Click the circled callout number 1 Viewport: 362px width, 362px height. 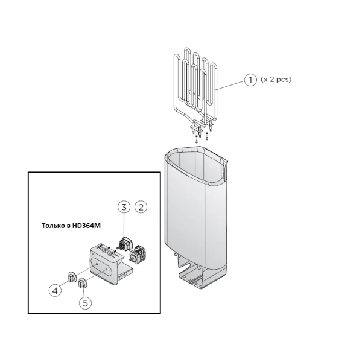tap(250, 80)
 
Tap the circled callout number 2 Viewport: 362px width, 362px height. tap(141, 207)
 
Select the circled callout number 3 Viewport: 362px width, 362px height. tap(124, 207)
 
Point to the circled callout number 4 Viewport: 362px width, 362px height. tap(55, 290)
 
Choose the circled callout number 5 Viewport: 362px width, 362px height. tap(86, 303)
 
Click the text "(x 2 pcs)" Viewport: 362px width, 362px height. tap(276, 80)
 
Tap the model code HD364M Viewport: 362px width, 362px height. tap(86, 226)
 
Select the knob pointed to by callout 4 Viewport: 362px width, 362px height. tap(72, 276)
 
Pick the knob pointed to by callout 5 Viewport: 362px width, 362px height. tap(83, 283)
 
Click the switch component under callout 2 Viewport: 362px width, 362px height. tap(138, 254)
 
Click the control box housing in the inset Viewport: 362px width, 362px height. tap(109, 264)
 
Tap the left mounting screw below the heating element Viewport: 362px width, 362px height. tap(196, 139)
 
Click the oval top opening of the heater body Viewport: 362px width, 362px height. tap(195, 165)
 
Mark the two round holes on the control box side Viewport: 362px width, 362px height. tap(123, 275)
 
